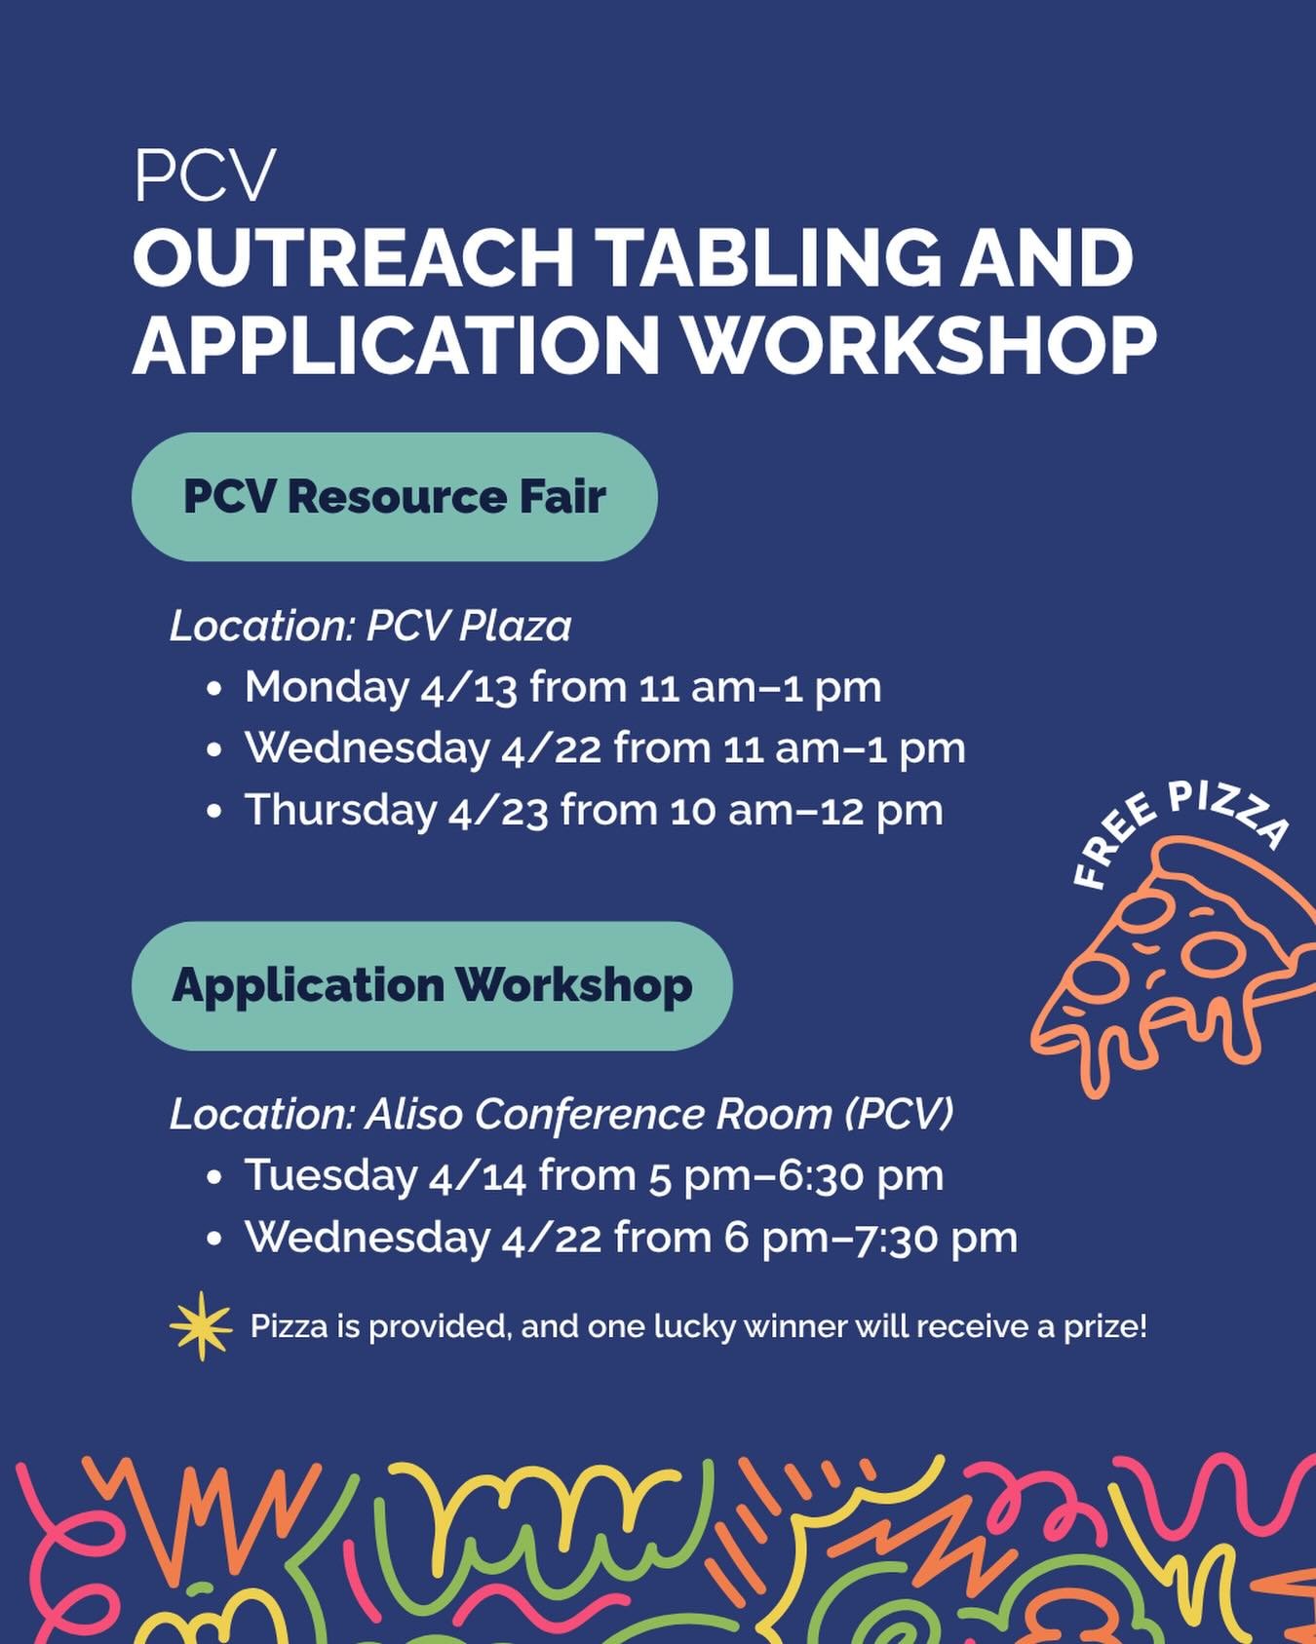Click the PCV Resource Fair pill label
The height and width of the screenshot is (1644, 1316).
point(394,497)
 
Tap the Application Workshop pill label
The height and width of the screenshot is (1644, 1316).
point(432,985)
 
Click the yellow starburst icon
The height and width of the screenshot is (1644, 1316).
point(201,1325)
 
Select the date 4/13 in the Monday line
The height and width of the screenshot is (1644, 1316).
point(470,687)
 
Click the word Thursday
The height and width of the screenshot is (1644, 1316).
point(340,811)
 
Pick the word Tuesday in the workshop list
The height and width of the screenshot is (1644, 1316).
point(330,1175)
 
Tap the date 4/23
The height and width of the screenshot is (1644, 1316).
point(498,811)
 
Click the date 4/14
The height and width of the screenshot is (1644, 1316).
point(478,1175)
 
